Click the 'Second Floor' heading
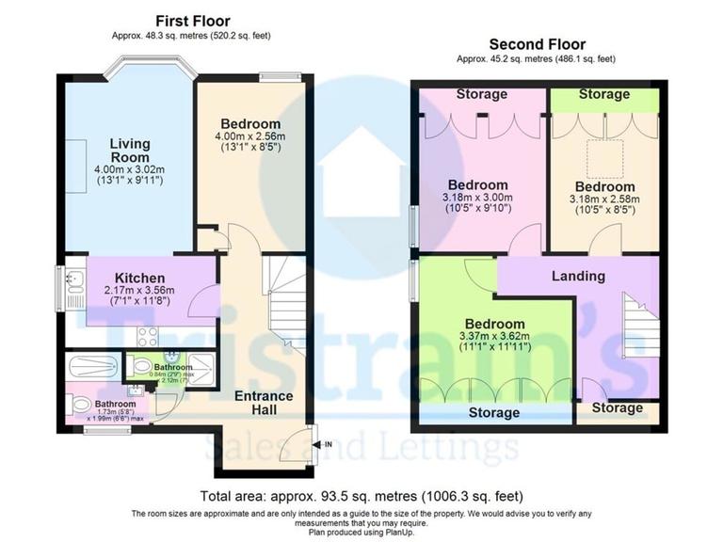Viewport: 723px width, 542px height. coord(537,44)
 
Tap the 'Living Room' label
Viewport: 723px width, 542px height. coord(130,151)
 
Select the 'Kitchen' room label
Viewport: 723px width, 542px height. coord(140,279)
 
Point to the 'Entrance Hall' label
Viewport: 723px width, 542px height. coord(264,403)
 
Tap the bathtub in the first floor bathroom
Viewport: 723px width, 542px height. coord(92,364)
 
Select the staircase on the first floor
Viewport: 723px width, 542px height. coord(285,292)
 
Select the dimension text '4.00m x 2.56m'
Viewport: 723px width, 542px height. coord(250,135)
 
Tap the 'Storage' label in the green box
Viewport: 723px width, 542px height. coord(603,94)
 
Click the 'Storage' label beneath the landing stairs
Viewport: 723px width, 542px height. coord(618,408)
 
